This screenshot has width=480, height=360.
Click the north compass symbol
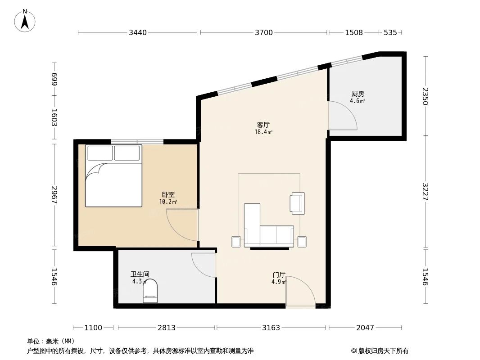pos(26,20)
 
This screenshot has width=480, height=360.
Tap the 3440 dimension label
pos(138,32)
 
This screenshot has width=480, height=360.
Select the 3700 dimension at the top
pos(263,32)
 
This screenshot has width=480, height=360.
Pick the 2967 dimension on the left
pos(54,196)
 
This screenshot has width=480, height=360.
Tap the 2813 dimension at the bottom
pos(166,328)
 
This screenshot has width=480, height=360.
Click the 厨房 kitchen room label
pos(358,94)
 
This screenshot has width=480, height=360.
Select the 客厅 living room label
pos(263,125)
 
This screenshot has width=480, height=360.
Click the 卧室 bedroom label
pos(168,195)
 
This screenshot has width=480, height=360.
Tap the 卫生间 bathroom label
pos(140,274)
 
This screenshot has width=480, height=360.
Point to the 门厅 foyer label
pos(279,274)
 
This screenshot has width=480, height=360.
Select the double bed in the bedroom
pos(113,176)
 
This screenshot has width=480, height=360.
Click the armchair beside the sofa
pos(297,203)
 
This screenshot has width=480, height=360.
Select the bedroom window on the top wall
pos(137,142)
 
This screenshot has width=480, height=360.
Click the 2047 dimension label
pos(365,328)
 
